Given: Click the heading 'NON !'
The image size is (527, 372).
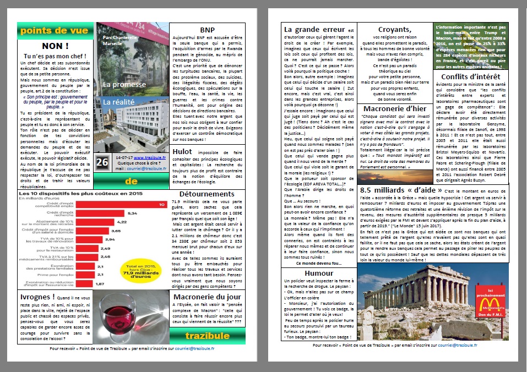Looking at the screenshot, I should pos(55,47).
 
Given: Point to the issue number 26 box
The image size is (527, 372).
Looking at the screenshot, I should pos(102,162).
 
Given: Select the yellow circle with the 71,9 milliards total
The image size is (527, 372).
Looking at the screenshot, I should pos(146,270).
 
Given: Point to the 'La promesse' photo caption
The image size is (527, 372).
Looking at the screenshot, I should pos(124,85).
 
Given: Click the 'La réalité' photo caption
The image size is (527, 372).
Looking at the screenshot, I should pos(118,102).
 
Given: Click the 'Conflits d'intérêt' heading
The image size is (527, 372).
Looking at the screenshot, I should pos(471,76).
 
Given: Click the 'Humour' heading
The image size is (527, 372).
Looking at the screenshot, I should pos(319,273).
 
